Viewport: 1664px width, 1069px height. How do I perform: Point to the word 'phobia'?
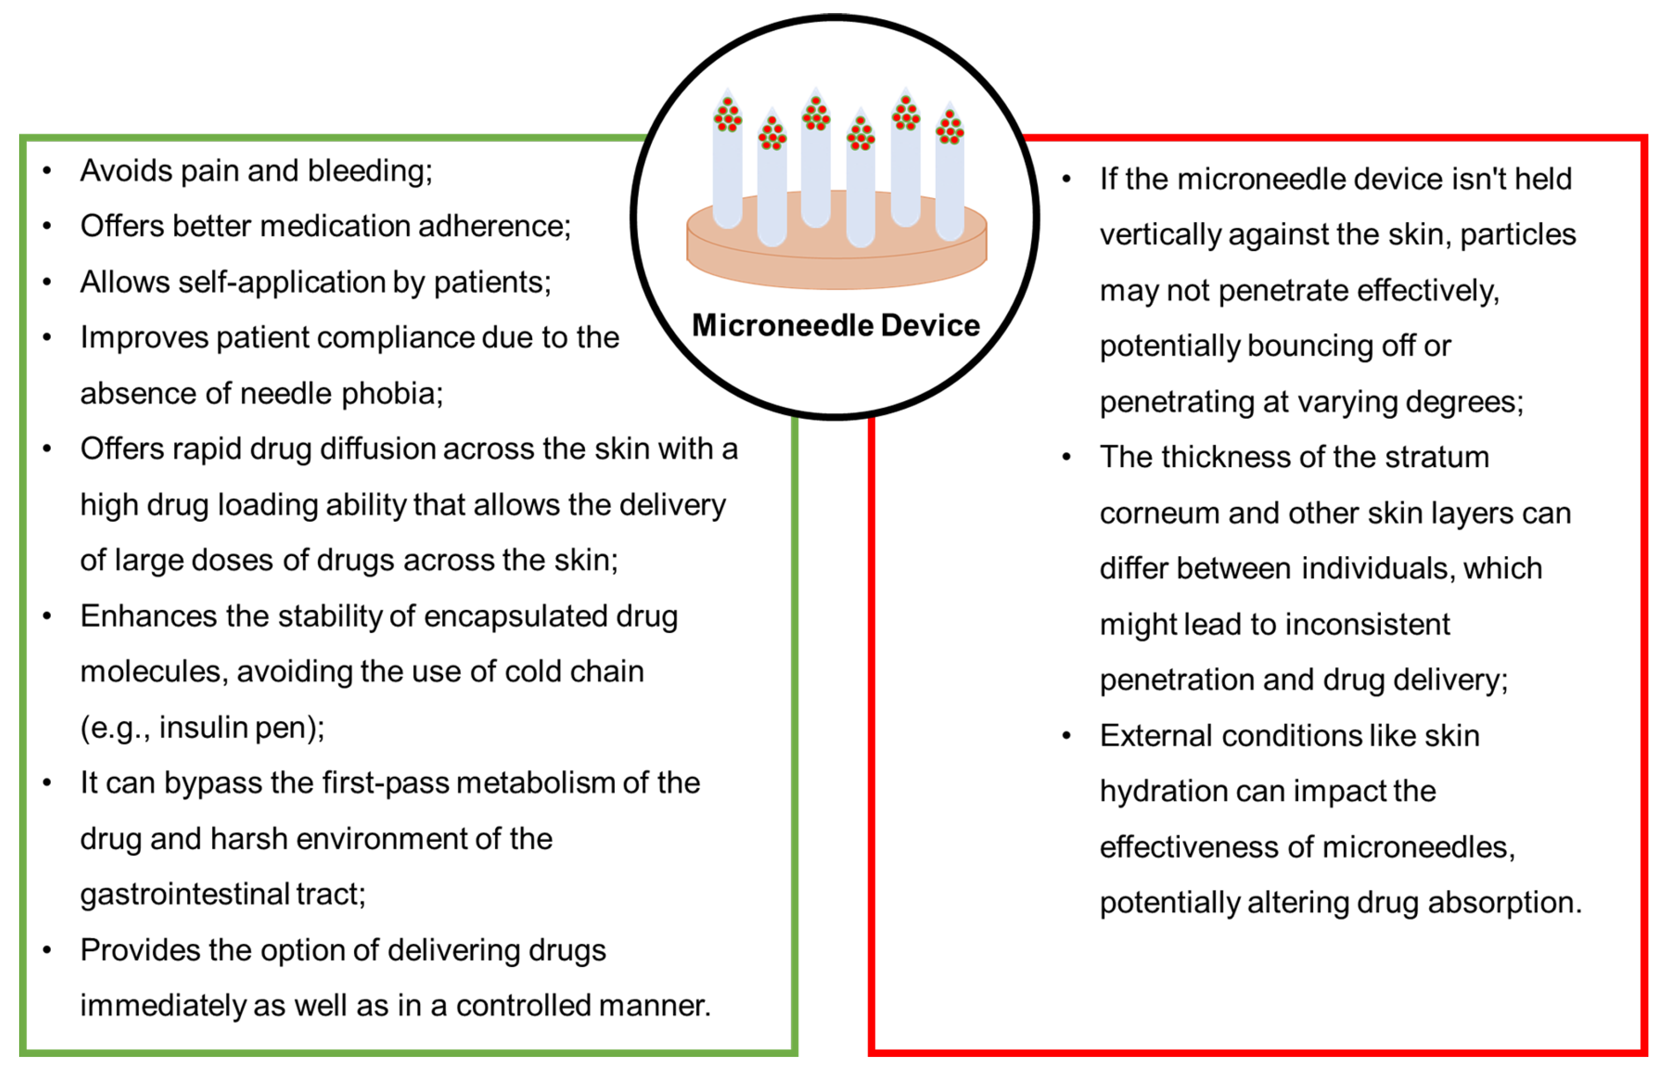(392, 394)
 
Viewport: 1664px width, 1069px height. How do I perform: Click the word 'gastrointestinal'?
(184, 895)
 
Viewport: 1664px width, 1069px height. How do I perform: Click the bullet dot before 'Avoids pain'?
(47, 171)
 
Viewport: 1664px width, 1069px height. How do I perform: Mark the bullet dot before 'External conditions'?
(1067, 736)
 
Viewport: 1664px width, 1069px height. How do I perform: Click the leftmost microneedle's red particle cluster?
(727, 115)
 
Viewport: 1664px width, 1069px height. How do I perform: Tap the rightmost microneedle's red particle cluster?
(949, 128)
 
